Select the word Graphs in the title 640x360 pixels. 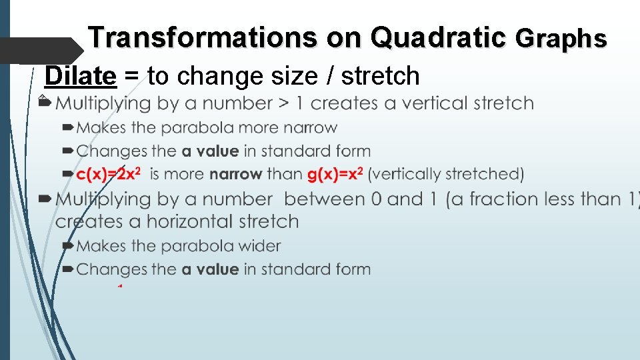(x=561, y=39)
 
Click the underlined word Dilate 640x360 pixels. (x=80, y=77)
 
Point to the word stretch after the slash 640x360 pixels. (x=381, y=77)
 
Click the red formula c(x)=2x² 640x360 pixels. (x=110, y=174)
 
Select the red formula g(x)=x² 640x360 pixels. (x=335, y=174)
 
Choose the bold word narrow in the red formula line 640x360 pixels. (x=236, y=175)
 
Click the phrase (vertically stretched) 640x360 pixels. (x=446, y=175)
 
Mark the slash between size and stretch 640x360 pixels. (x=331, y=77)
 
